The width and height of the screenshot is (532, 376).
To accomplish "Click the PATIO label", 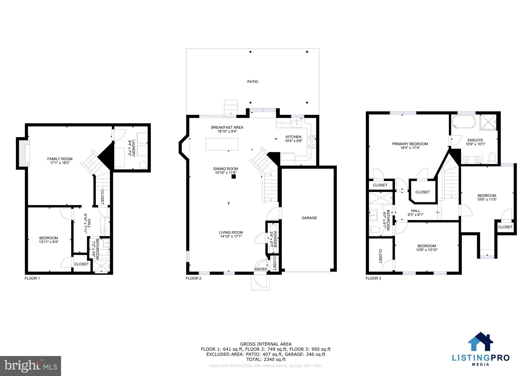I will pyautogui.click(x=252, y=82).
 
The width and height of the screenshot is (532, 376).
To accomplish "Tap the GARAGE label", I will pyautogui.click(x=309, y=218).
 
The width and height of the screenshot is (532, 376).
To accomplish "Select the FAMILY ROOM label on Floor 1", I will pyautogui.click(x=60, y=159).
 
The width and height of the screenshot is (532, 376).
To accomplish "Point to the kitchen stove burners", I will pyautogui.click(x=311, y=142).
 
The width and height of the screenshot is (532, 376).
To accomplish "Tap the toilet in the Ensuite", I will pyautogui.click(x=492, y=158).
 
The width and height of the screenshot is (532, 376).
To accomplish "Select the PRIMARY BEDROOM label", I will pyautogui.click(x=410, y=144).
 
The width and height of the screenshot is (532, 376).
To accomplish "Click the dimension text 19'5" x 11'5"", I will pyautogui.click(x=487, y=200).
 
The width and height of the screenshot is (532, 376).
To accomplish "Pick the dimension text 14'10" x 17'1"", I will pyautogui.click(x=231, y=237).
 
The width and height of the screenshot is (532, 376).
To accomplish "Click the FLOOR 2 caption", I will pyautogui.click(x=194, y=278).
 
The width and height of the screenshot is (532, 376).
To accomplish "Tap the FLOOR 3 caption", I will pyautogui.click(x=373, y=278).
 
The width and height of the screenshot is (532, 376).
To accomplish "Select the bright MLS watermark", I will pyautogui.click(x=30, y=366).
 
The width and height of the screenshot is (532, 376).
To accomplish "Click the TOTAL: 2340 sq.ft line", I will pyautogui.click(x=265, y=359).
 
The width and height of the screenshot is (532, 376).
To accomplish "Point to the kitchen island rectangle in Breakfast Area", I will pyautogui.click(x=222, y=144).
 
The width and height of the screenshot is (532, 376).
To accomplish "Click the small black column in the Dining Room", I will pyautogui.click(x=234, y=177).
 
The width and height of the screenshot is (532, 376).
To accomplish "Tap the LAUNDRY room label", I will pyautogui.click(x=132, y=148).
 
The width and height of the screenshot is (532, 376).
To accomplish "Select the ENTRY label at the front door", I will pyautogui.click(x=261, y=269).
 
